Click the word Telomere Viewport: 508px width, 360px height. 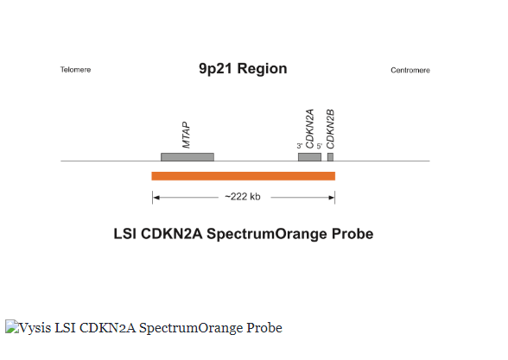75,70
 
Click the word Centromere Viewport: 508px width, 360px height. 410,70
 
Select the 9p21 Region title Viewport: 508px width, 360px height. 243,69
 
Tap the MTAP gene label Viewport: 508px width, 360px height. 186,135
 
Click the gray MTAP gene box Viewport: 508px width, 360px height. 187,157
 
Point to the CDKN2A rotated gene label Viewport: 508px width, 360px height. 309,129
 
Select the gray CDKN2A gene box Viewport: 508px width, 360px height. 309,157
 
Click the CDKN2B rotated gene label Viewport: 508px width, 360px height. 330,129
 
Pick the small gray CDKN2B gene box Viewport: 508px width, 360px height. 330,157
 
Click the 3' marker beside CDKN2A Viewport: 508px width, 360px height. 299,146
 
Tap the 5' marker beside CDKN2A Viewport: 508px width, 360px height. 320,146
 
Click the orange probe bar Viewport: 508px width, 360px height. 244,176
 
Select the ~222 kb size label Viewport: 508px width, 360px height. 243,197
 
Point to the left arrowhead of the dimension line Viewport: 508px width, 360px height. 156,198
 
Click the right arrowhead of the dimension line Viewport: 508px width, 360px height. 332,198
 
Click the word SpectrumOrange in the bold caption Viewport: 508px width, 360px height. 267,234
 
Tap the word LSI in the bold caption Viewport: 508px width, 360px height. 124,234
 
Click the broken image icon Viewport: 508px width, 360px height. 12,326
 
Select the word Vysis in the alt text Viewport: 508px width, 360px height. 35,328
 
